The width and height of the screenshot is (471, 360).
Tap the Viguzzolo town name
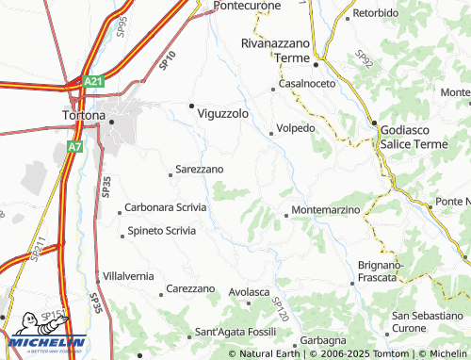pos(222,113)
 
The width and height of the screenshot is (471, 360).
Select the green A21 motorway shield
pos(92,82)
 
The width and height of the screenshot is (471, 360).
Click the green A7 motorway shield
pos(75,147)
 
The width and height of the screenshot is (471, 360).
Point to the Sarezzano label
pos(199,170)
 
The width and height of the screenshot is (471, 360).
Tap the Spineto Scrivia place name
pos(162,230)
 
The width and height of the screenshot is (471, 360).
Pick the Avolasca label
pos(250,292)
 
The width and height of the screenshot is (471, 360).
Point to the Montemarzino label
pos(326,209)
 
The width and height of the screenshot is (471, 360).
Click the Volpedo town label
pos(296,128)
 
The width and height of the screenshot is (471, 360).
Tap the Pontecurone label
pos(249,6)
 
